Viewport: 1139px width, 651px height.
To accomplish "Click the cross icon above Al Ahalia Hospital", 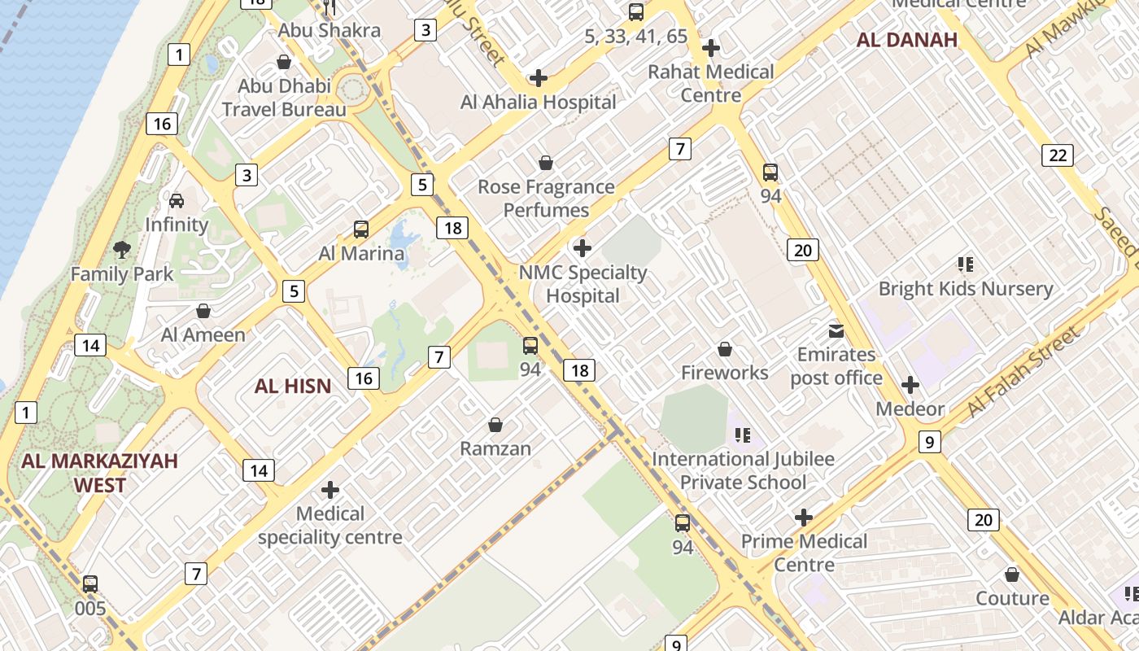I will (x=538, y=78).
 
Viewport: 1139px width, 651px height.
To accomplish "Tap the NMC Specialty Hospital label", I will (x=583, y=284).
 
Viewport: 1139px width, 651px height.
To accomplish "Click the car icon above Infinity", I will (x=177, y=200).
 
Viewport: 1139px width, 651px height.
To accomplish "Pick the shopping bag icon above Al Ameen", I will (x=203, y=311).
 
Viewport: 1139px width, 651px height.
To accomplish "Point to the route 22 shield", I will (x=1057, y=155).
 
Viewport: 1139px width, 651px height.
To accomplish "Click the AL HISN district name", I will (x=293, y=386).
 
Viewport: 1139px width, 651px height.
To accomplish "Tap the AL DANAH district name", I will (x=907, y=41).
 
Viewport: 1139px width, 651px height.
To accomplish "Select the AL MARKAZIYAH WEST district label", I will (x=99, y=473).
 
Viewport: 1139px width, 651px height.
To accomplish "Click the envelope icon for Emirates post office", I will (x=836, y=331).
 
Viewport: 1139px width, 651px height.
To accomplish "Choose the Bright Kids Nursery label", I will (x=966, y=289).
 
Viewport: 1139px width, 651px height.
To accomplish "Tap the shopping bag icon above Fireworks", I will (x=725, y=349).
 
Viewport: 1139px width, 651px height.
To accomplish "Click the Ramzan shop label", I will (x=495, y=448).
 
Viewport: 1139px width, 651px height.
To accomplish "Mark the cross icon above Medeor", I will (x=910, y=385).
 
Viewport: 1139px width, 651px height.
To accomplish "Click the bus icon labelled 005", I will (x=90, y=584).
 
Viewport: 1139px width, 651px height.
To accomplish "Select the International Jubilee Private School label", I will (x=743, y=470).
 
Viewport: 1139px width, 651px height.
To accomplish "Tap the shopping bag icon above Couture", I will (x=1012, y=575).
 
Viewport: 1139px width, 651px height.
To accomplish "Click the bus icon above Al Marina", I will (x=361, y=229).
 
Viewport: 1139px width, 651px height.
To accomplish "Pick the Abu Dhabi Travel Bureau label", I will (x=284, y=98).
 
